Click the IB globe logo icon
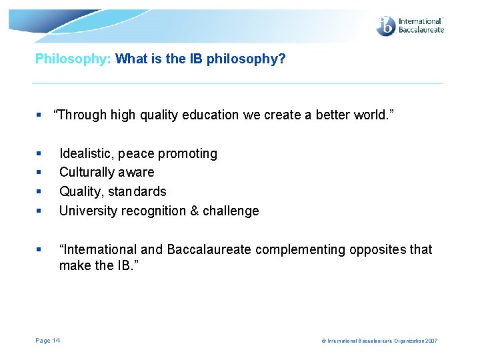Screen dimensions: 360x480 click(x=386, y=26)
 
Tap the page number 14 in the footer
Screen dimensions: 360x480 click(x=57, y=341)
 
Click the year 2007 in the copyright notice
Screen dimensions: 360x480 click(x=430, y=341)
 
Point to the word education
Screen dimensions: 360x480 click(x=213, y=115)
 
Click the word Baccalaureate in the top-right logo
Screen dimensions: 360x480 click(x=421, y=30)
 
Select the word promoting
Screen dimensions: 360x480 click(x=191, y=154)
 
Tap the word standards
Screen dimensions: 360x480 click(x=141, y=192)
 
